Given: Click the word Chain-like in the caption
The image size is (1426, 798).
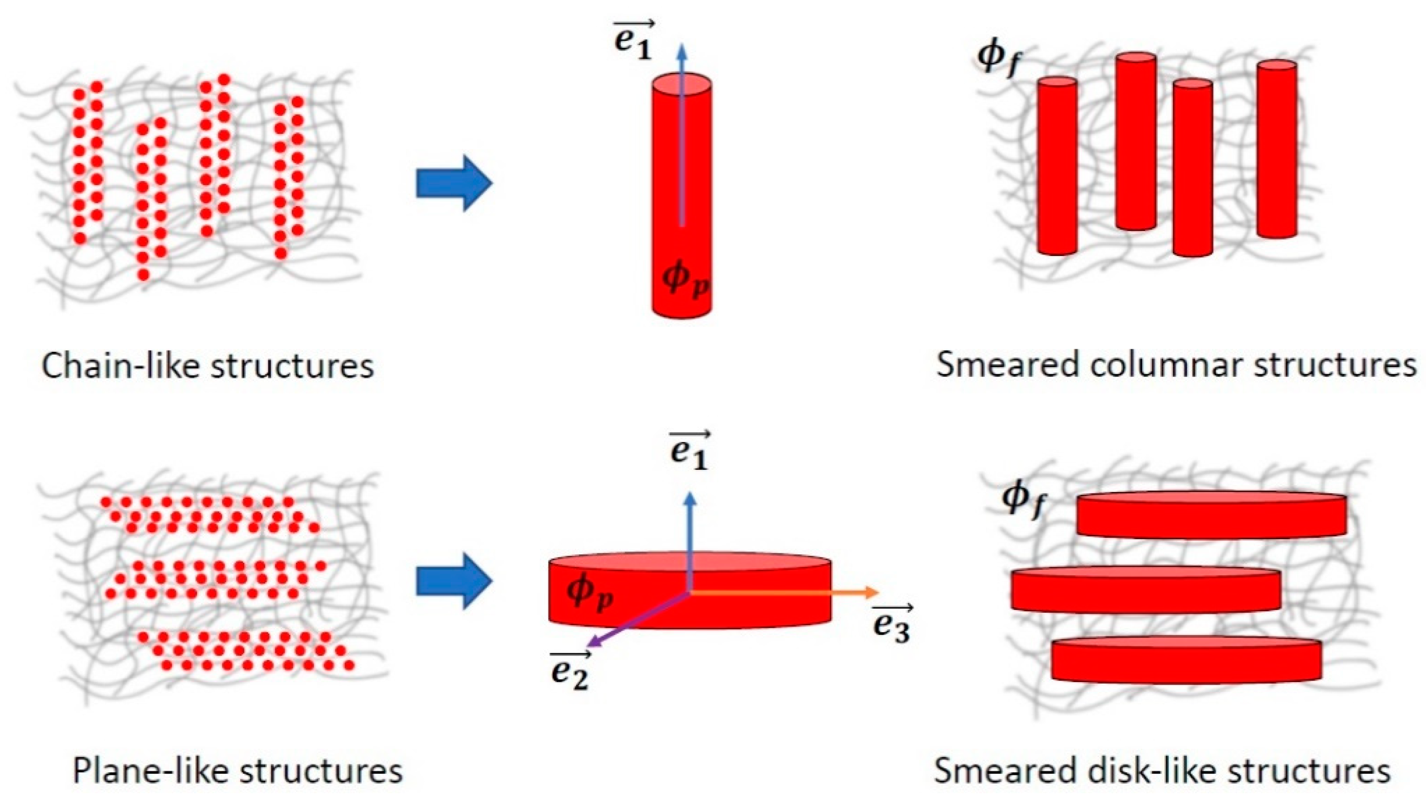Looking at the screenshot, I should [122, 366].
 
